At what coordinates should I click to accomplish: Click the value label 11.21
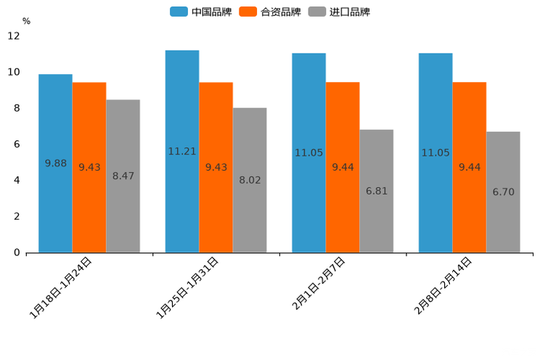pos(182,152)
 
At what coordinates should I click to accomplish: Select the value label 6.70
pos(503,192)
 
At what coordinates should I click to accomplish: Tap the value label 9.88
pos(55,164)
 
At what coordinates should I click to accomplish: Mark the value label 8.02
pos(250,181)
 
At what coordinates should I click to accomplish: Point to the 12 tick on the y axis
pos(14,36)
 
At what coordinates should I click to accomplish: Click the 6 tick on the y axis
pos(17,144)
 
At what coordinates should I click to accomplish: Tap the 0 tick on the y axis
pos(17,253)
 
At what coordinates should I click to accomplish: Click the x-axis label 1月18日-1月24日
pos(61,287)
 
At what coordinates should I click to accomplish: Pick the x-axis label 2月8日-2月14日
pos(443,286)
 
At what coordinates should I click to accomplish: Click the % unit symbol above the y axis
pos(26,22)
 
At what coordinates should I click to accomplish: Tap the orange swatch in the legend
pos(248,12)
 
